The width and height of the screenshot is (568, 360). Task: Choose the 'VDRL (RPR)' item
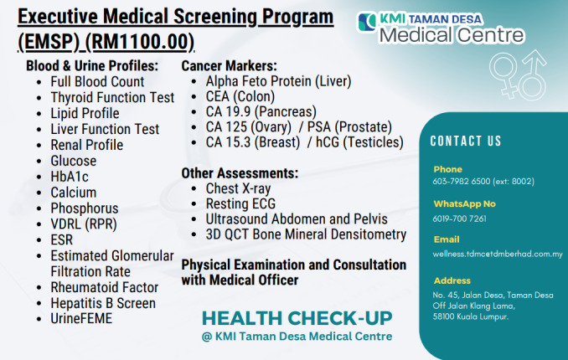pyautogui.click(x=84, y=224)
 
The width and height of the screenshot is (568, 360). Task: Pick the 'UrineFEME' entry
pyautogui.click(x=81, y=319)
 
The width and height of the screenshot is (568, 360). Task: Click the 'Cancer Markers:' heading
pyautogui.click(x=230, y=65)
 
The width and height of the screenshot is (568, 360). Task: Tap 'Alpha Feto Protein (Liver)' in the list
pyautogui.click(x=278, y=81)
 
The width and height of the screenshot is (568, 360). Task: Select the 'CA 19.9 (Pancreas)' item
pyautogui.click(x=261, y=111)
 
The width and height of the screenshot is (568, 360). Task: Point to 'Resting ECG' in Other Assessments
pyautogui.click(x=240, y=203)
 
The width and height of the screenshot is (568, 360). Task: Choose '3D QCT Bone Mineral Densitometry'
pyautogui.click(x=306, y=235)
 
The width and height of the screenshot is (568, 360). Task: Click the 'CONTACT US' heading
pyautogui.click(x=466, y=141)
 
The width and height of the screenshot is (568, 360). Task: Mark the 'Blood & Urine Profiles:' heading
pyautogui.click(x=91, y=65)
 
